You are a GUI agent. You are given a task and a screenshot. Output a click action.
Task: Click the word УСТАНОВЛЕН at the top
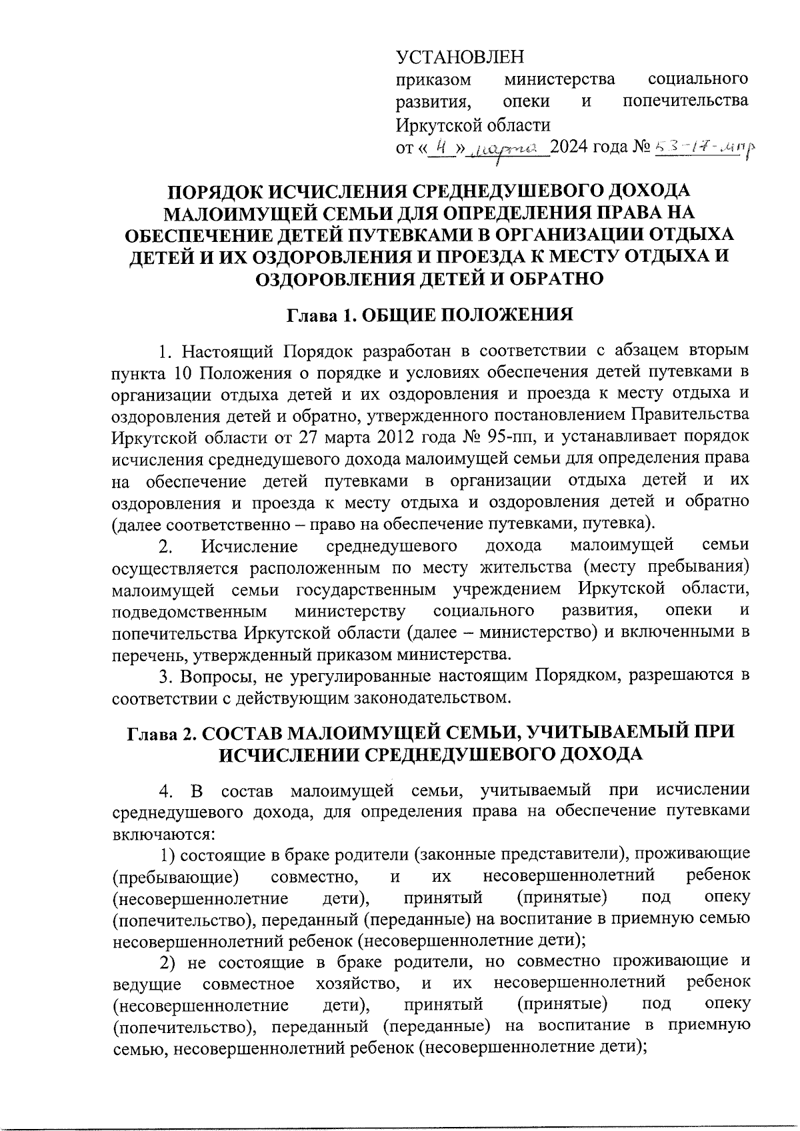click(x=460, y=57)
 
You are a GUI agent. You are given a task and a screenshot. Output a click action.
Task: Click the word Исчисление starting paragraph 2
click(x=249, y=547)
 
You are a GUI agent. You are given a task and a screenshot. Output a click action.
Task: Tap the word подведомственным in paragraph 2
click(x=190, y=611)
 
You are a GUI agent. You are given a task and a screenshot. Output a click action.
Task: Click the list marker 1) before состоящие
click(x=167, y=854)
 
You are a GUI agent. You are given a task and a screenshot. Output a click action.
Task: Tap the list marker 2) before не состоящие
click(x=168, y=962)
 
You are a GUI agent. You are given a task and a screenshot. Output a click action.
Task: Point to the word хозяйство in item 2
click(x=357, y=984)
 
